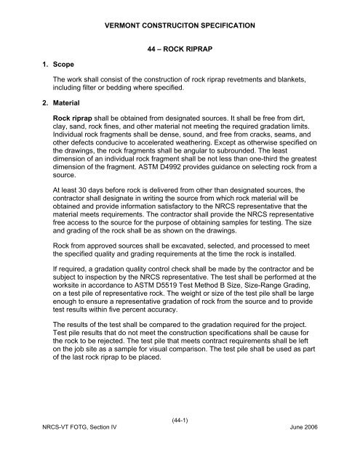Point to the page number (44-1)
[180, 440]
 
